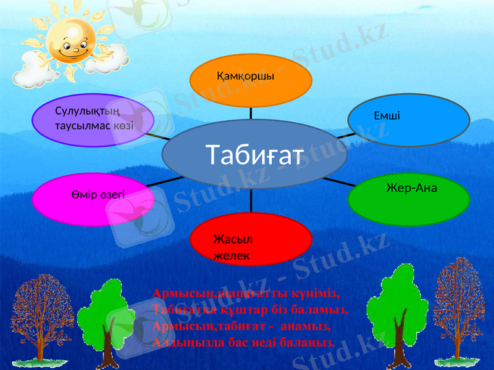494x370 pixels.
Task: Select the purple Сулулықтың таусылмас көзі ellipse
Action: coord(93,120)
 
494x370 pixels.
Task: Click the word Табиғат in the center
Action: coord(255,155)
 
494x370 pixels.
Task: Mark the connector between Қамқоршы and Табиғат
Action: coord(251,113)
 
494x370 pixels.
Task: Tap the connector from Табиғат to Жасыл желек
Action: coord(252,200)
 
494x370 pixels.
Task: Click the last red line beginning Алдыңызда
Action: coord(244,342)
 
